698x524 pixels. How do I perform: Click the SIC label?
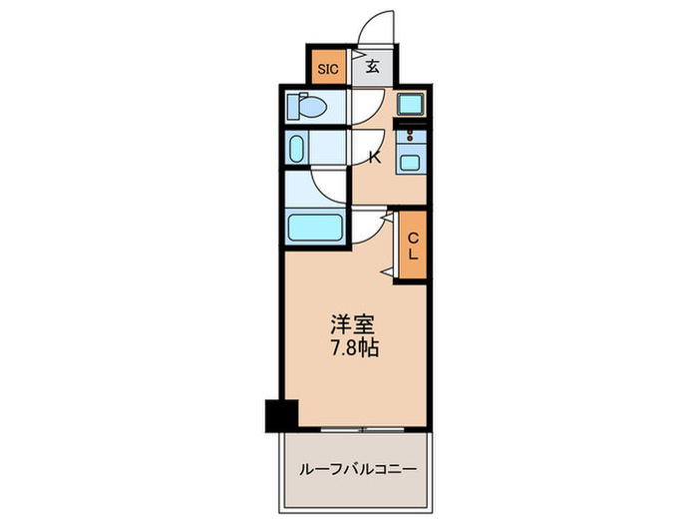click(x=327, y=69)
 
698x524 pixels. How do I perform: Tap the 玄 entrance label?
click(x=371, y=68)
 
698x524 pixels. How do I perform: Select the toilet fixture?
click(x=308, y=105)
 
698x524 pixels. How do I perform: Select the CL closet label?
click(x=412, y=246)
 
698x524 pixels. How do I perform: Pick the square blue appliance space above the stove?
click(x=410, y=104)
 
